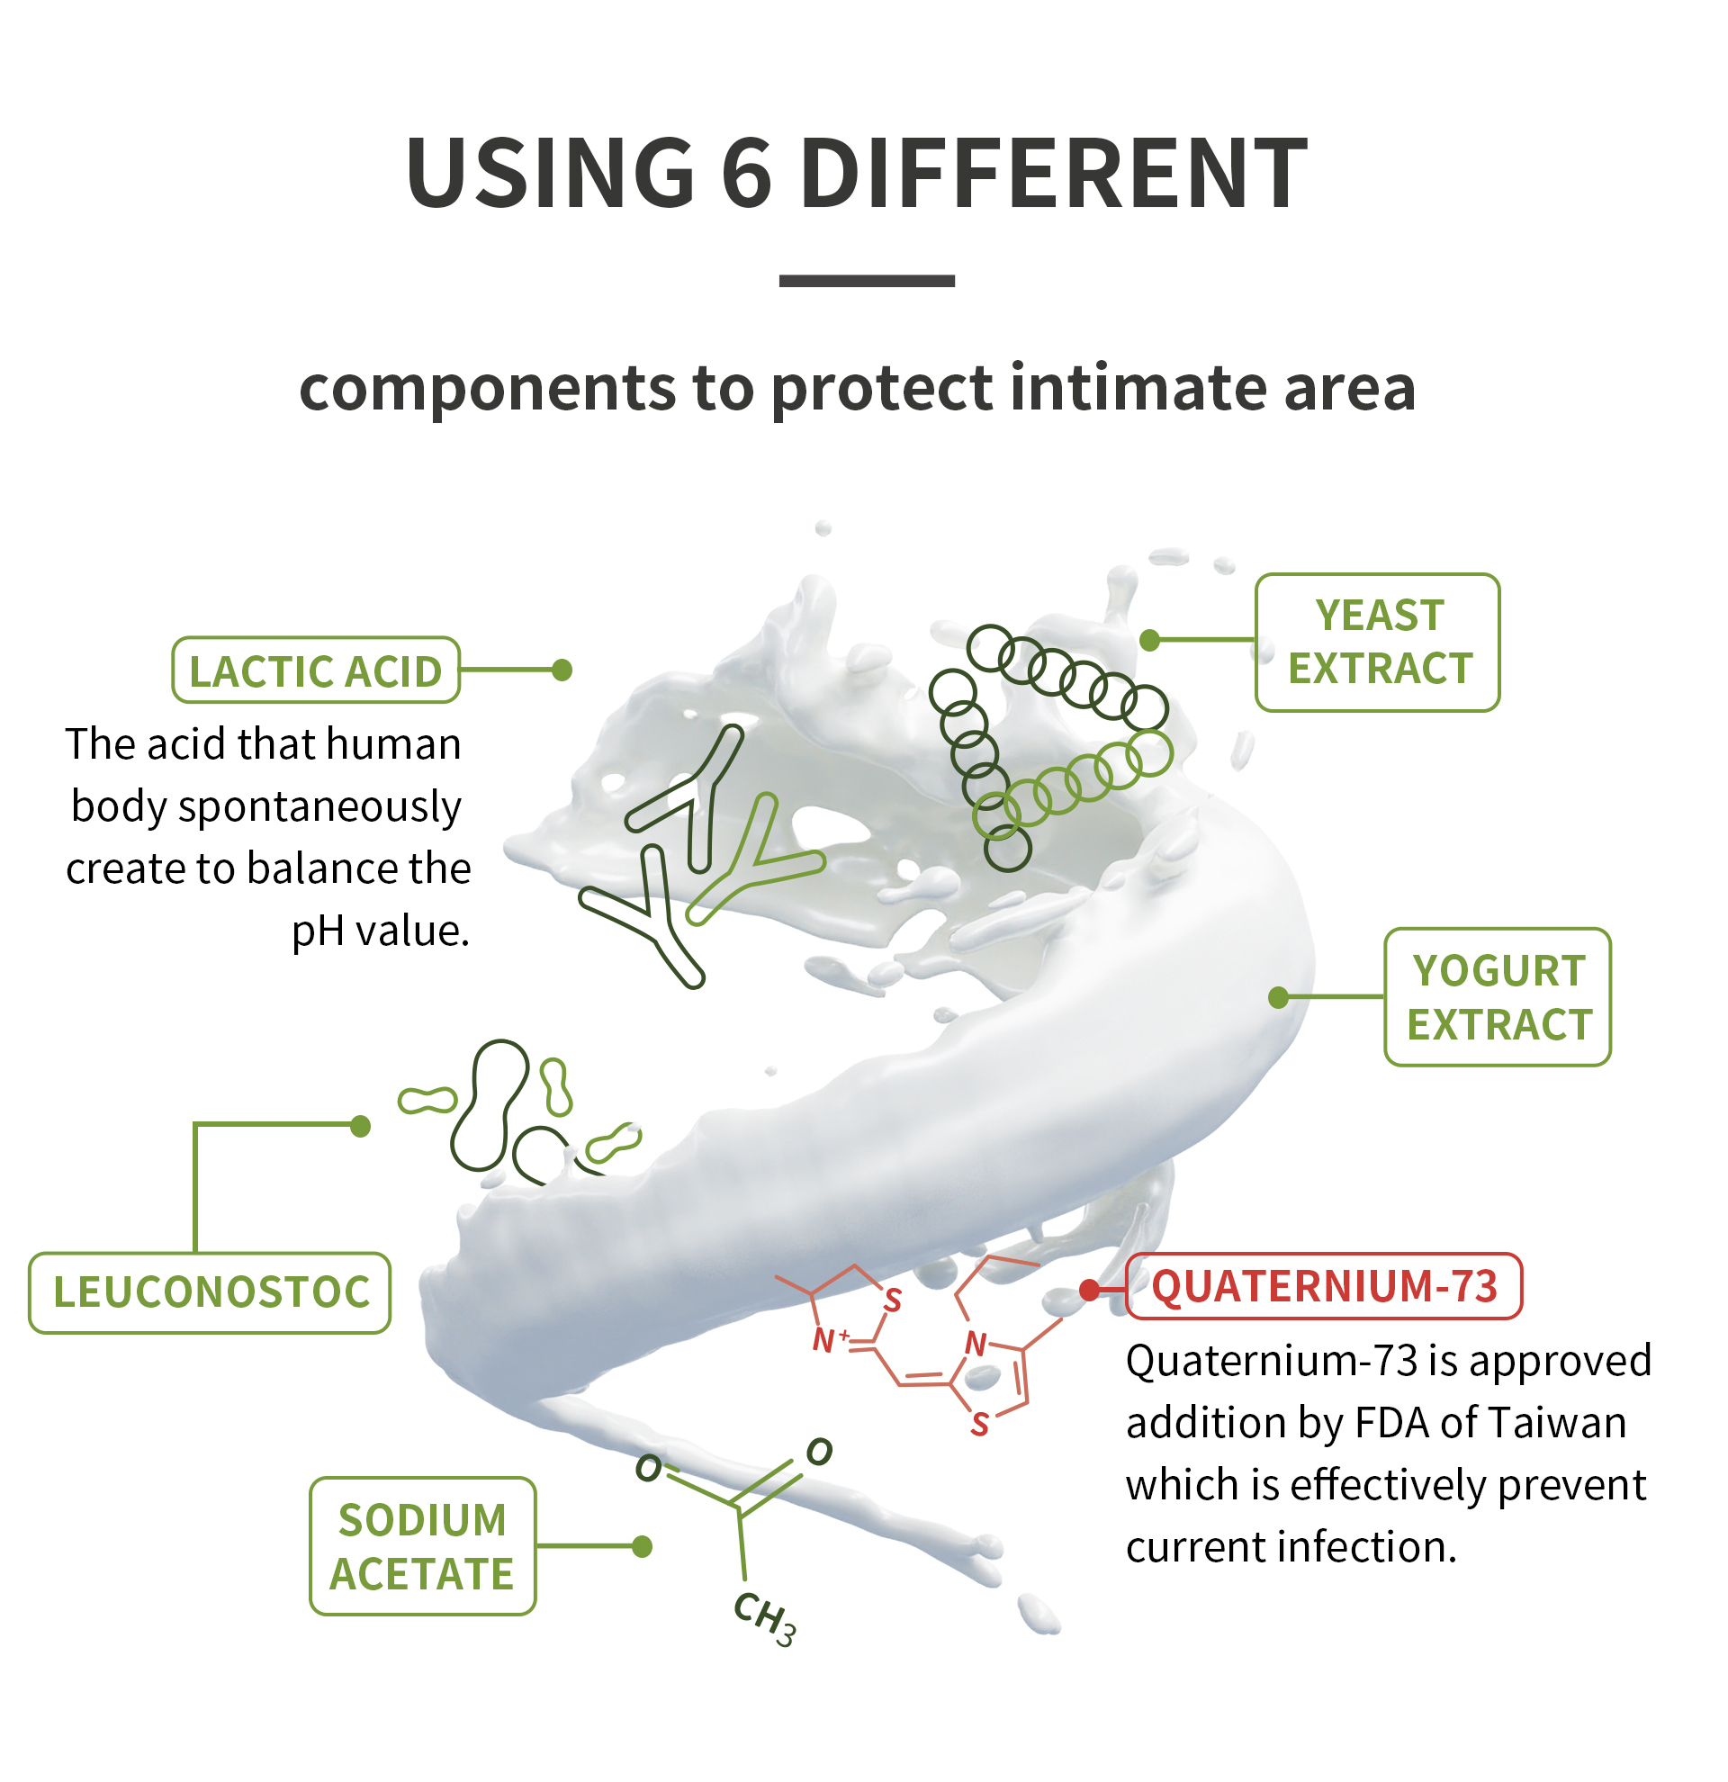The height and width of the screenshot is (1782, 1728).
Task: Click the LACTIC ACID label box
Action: pyautogui.click(x=315, y=671)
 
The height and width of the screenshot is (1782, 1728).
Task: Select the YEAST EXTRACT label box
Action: pyautogui.click(x=1378, y=643)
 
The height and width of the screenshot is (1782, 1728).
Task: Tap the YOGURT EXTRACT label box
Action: pyautogui.click(x=1498, y=997)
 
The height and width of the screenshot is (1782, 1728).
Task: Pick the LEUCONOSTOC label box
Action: pyautogui.click(x=210, y=1293)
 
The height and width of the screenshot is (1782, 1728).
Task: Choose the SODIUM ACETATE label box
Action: pyautogui.click(x=423, y=1547)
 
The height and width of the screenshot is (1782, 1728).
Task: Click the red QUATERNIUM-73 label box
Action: pyautogui.click(x=1324, y=1286)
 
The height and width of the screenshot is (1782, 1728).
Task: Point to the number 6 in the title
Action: pyautogui.click(x=746, y=173)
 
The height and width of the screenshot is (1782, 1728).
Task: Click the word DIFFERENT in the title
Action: pyautogui.click(x=1054, y=173)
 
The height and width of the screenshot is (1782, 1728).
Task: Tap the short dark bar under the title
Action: pyautogui.click(x=867, y=281)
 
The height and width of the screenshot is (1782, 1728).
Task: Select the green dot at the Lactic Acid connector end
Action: pyautogui.click(x=562, y=670)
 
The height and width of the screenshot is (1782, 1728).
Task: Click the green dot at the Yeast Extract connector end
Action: pyautogui.click(x=1150, y=640)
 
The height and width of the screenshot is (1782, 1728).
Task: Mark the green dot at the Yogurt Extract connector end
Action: pyautogui.click(x=1278, y=997)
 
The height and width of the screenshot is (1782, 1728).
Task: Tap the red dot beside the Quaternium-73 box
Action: pyautogui.click(x=1089, y=1289)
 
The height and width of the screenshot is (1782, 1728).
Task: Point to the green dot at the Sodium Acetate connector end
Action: pyautogui.click(x=642, y=1546)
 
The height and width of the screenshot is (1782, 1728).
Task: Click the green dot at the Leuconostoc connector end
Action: pyautogui.click(x=361, y=1127)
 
